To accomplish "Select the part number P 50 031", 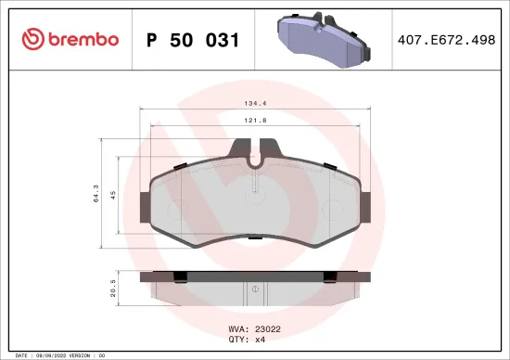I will click(x=194, y=40).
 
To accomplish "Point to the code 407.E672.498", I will click(x=447, y=40).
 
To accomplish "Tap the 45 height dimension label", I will click(x=111, y=195).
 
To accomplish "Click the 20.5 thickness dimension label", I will click(x=111, y=289).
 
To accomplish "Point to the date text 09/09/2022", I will click(x=52, y=355).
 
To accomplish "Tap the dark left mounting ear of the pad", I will click(x=145, y=206).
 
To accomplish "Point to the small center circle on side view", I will click(x=255, y=290).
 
